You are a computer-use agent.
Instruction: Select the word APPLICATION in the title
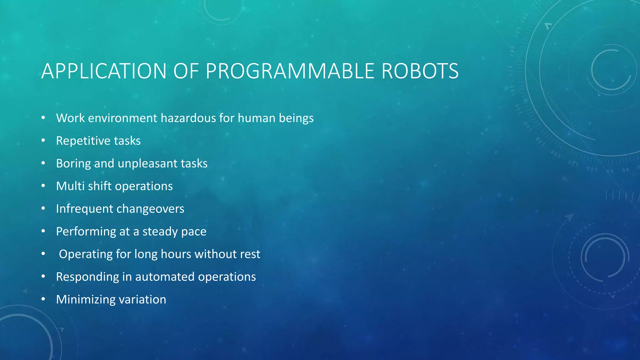point(104,71)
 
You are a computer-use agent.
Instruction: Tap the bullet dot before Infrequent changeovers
point(43,208)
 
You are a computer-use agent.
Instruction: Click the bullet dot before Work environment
point(43,118)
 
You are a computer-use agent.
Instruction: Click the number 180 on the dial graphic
point(512,51)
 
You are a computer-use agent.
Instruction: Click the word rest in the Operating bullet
point(250,254)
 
